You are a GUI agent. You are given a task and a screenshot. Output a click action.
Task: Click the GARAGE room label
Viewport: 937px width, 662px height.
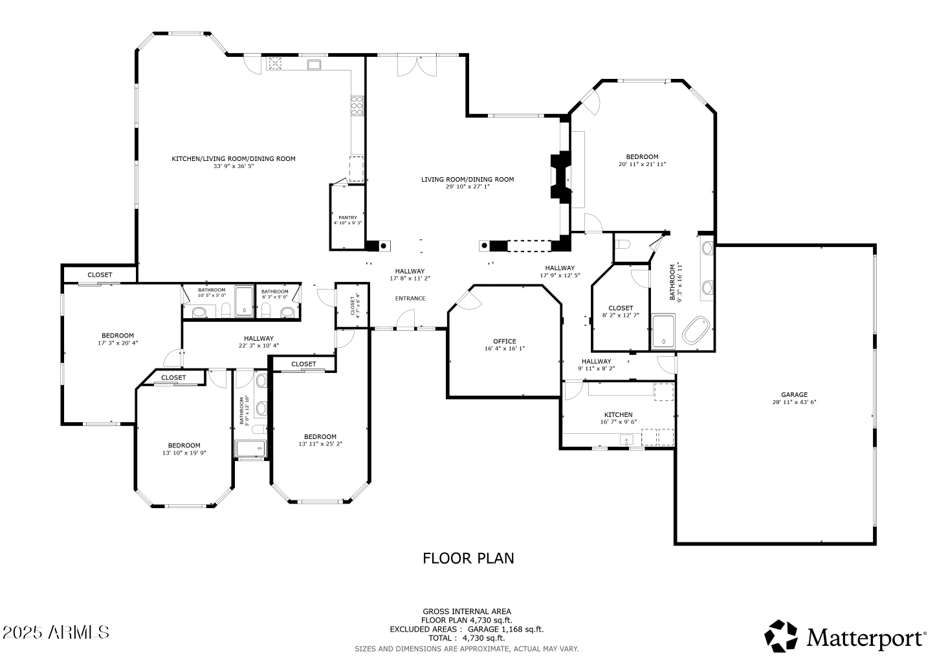coord(794,394)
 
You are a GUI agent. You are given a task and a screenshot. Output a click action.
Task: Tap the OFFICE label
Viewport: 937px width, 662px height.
coord(504,341)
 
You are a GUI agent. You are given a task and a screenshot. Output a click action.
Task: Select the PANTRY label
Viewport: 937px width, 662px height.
coord(347,217)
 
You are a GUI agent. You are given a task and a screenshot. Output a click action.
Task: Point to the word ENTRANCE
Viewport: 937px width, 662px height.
coord(410,298)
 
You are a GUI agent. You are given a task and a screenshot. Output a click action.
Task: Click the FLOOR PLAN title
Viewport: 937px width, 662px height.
coord(469,558)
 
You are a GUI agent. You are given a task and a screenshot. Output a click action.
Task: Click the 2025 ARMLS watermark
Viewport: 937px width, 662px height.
coord(56,632)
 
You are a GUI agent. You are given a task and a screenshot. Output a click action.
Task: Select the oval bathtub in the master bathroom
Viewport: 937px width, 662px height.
coord(698,330)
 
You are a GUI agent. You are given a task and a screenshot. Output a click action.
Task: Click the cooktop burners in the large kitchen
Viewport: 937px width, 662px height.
coord(357,105)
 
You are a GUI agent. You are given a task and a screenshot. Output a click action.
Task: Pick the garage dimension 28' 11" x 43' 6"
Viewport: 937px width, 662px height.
coord(794,402)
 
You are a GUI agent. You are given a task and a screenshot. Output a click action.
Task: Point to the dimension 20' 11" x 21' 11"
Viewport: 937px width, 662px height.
coord(642,164)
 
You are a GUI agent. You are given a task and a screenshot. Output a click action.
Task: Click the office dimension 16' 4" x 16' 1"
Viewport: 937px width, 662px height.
coord(504,348)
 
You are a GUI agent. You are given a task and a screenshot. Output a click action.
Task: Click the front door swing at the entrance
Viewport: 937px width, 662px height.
coord(406,318)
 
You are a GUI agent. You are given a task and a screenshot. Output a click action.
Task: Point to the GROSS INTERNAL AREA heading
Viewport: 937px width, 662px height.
coord(467,611)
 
